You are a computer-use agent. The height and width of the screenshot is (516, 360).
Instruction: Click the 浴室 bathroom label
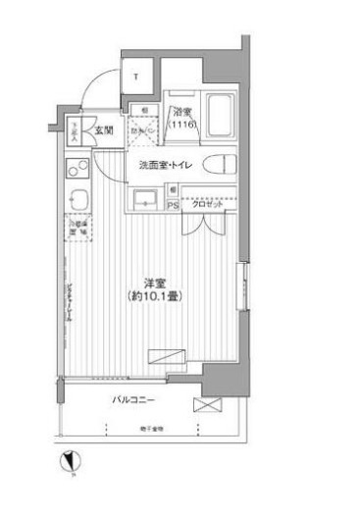[180, 113]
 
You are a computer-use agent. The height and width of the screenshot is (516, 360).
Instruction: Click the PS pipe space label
[173, 206]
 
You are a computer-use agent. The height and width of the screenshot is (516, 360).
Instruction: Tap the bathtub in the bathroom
[217, 117]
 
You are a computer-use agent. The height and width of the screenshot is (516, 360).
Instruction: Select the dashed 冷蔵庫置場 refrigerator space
[77, 229]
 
